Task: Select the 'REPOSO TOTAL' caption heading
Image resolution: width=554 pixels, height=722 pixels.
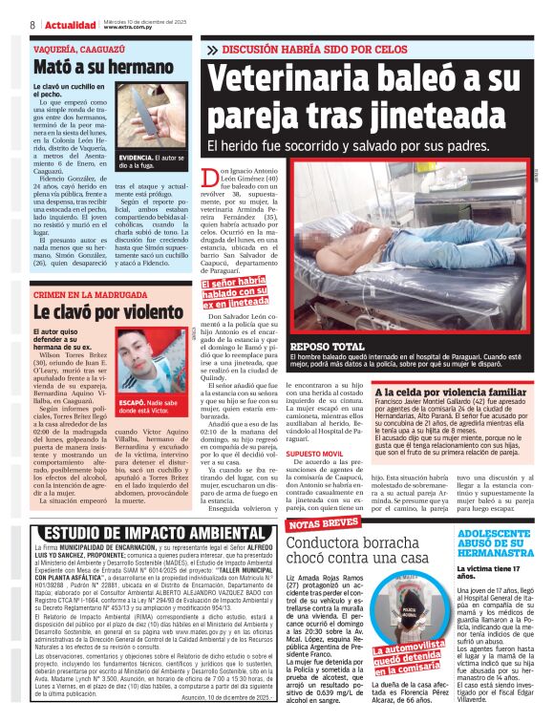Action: (x=326, y=346)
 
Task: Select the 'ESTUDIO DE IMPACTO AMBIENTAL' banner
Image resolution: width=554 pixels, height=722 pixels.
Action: (x=142, y=533)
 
